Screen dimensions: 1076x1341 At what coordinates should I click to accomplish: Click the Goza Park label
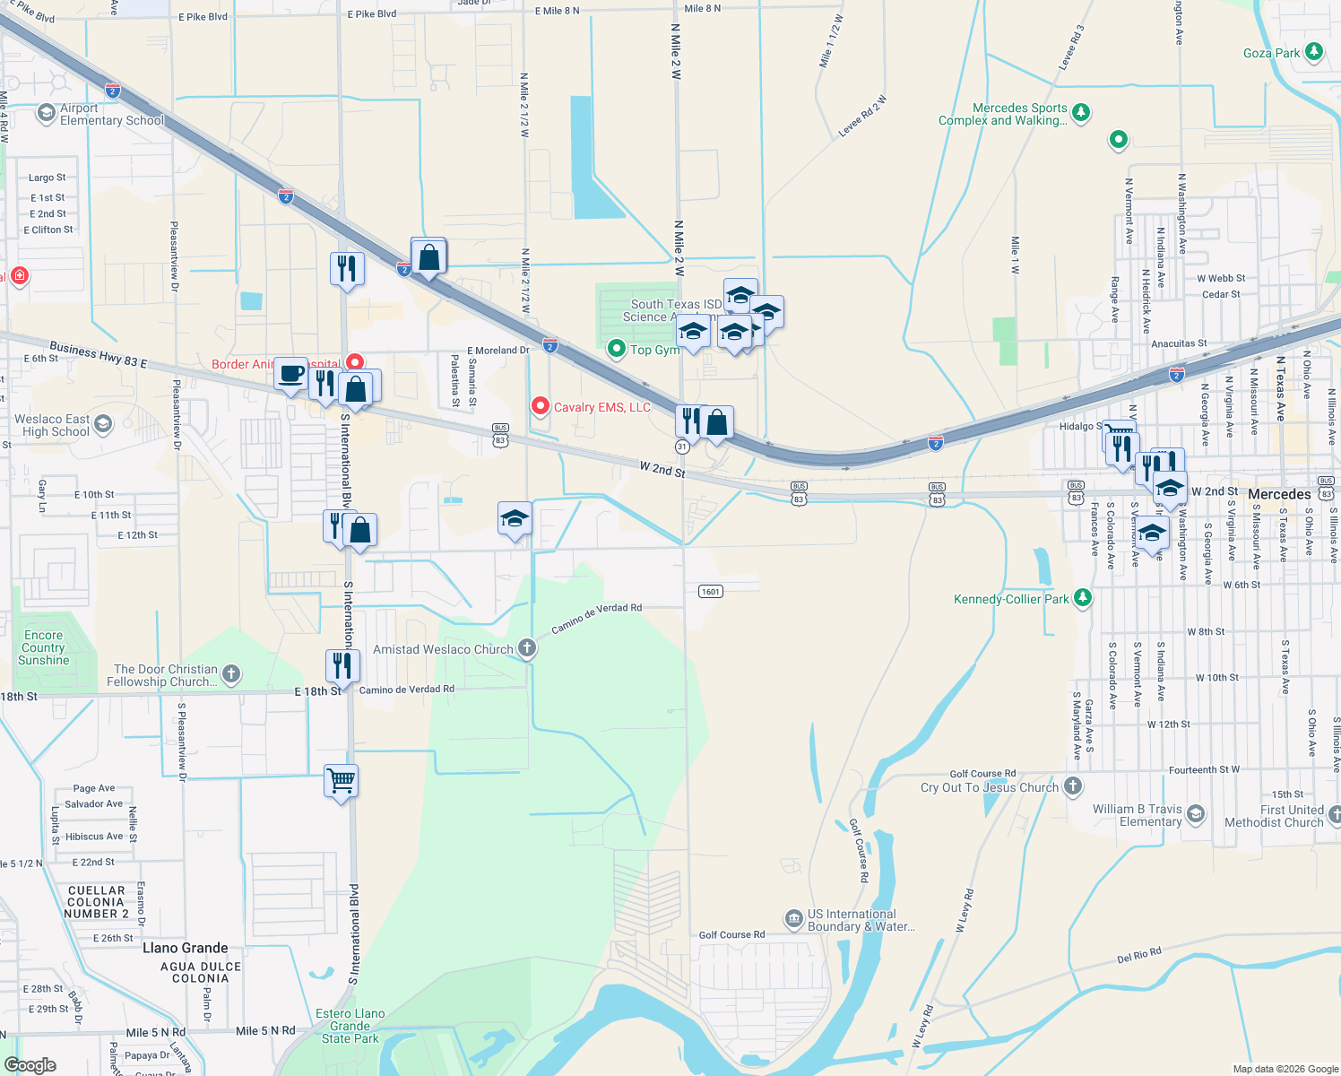click(1271, 53)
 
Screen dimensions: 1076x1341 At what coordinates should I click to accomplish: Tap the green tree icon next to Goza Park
click(1314, 51)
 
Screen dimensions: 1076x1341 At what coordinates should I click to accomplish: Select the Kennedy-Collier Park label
click(1011, 599)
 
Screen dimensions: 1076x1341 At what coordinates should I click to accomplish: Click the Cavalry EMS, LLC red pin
click(541, 406)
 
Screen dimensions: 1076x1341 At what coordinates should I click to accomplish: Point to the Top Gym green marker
click(617, 349)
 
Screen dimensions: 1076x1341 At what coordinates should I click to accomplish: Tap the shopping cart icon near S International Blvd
click(342, 781)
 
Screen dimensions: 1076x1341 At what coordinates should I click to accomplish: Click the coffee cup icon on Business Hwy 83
click(290, 373)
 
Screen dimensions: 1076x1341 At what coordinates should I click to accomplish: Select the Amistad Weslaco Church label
click(443, 649)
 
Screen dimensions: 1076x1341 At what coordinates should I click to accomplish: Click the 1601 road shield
click(710, 591)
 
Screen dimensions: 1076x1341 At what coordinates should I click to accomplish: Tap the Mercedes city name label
click(1279, 494)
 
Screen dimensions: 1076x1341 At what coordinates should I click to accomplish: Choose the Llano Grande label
click(186, 948)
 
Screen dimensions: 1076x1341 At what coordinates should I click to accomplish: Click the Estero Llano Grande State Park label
click(350, 1026)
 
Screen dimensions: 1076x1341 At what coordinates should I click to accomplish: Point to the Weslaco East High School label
click(52, 425)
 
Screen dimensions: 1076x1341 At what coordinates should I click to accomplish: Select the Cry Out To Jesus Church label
click(990, 787)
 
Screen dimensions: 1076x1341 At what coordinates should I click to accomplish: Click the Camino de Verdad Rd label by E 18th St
click(407, 690)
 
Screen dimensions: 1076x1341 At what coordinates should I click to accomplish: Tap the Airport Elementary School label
click(111, 114)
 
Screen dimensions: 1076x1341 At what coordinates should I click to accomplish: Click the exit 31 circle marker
click(682, 446)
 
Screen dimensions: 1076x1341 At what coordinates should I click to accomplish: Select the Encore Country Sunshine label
click(43, 647)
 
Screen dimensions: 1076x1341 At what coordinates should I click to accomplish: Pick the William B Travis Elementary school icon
click(1195, 814)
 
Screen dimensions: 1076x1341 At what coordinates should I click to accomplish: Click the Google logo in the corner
click(30, 1064)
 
